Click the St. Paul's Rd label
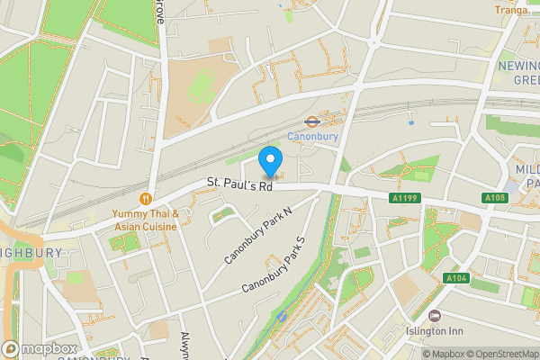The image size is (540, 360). tap(239, 184)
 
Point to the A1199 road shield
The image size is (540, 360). tap(404, 198)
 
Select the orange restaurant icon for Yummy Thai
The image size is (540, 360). tap(145, 198)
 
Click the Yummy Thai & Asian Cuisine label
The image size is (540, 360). tap(146, 220)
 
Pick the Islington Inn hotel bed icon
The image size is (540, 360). tap(435, 316)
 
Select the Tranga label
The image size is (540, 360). tap(510, 10)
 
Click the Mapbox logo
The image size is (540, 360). tap(40, 349)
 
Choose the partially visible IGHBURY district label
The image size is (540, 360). tap(31, 253)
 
